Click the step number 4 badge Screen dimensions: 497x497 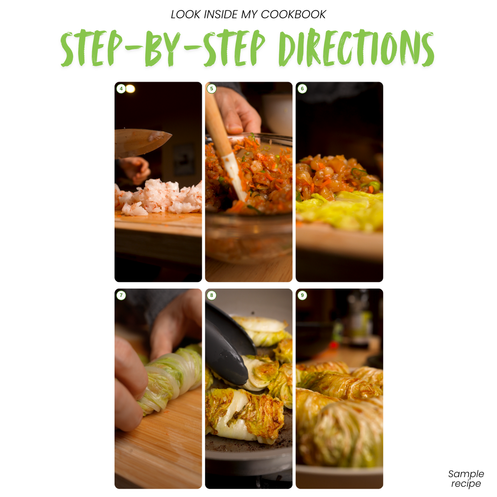[x=121, y=89]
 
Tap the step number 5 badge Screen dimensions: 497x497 [x=212, y=89]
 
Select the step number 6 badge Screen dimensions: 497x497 [x=302, y=89]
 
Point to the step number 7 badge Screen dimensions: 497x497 [x=121, y=295]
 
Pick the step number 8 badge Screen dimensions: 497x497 [x=212, y=295]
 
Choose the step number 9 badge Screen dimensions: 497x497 [x=302, y=295]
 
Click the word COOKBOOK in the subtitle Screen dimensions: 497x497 [x=293, y=14]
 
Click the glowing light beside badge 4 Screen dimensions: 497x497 [x=130, y=89]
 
